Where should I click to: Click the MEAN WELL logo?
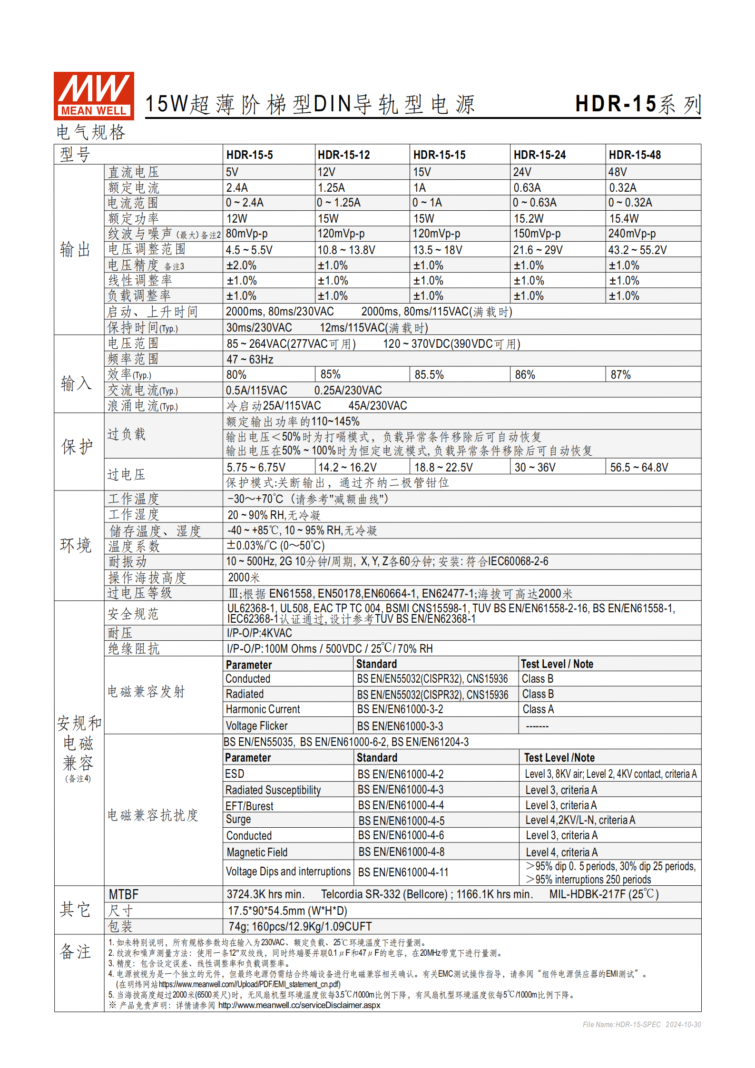tap(94, 96)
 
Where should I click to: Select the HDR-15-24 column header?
tap(539, 155)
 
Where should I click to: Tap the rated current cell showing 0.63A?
tap(527, 188)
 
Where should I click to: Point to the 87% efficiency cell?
tap(620, 375)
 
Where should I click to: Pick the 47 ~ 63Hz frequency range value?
tap(250, 360)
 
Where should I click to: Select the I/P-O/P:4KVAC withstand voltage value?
tap(259, 633)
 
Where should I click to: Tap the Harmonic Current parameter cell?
tap(263, 709)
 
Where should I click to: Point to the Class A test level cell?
tap(538, 709)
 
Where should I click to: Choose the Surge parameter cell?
tap(238, 819)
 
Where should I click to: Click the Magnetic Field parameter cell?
tap(257, 852)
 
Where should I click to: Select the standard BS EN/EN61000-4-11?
tap(403, 872)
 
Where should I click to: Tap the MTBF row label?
tap(124, 894)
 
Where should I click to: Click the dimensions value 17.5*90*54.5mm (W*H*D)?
tap(287, 911)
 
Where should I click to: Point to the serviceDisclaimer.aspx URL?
tap(299, 1005)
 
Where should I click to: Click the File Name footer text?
tap(641, 1024)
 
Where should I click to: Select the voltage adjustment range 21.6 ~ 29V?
tap(538, 250)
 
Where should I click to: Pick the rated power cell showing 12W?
tap(236, 219)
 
